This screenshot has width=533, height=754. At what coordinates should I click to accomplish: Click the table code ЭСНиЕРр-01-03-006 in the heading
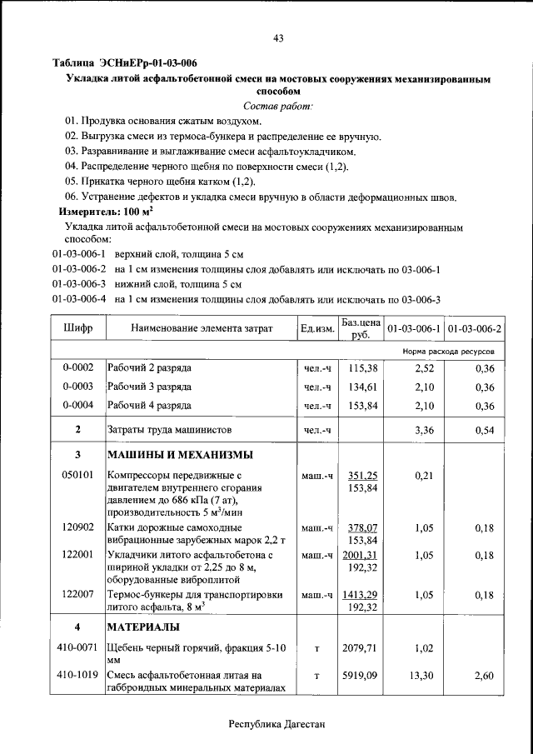pyautogui.click(x=148, y=63)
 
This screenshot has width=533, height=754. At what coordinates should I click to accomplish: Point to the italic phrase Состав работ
pyautogui.click(x=277, y=106)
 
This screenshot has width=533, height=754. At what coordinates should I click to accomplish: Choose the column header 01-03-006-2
pyautogui.click(x=474, y=329)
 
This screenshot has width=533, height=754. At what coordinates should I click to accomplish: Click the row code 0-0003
pyautogui.click(x=77, y=387)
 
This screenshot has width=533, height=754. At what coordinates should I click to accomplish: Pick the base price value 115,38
pyautogui.click(x=363, y=367)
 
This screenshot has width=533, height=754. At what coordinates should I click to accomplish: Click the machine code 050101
pyautogui.click(x=77, y=475)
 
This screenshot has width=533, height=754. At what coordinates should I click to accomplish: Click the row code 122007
pyautogui.click(x=77, y=594)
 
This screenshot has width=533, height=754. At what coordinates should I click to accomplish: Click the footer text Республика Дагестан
pyautogui.click(x=277, y=725)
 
